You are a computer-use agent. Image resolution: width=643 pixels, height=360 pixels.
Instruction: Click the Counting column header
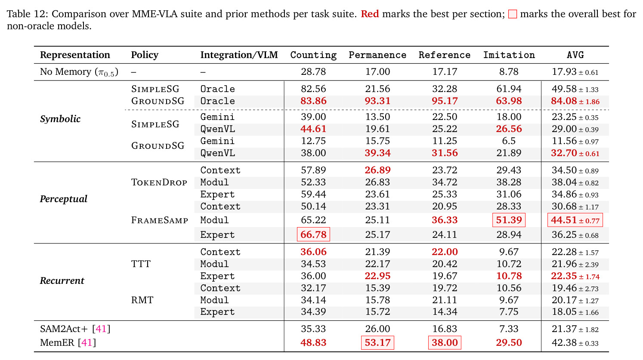point(313,55)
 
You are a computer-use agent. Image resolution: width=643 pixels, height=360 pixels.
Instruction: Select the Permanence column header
point(377,55)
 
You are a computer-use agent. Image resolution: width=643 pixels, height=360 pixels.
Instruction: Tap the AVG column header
point(575,55)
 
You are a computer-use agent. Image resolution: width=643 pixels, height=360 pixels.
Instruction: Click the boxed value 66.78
point(313,234)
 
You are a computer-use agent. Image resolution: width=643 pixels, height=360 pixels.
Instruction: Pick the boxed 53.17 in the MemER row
point(377,342)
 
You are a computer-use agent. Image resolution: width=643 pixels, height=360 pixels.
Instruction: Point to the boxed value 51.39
point(509,220)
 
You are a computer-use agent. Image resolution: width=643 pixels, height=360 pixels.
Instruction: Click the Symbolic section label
point(60,119)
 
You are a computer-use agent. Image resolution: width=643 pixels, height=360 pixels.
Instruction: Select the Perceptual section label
point(63,199)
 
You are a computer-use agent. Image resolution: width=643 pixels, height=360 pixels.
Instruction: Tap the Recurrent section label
point(62,280)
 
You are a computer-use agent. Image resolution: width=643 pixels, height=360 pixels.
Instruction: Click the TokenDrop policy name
point(159,182)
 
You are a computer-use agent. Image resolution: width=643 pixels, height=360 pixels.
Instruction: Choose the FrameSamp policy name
point(160,220)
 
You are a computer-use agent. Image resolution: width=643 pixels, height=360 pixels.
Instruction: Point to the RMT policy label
point(142,300)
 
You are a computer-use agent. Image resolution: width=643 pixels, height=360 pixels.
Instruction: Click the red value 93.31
point(377,101)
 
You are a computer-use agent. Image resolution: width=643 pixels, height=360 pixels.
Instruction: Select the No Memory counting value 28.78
point(313,71)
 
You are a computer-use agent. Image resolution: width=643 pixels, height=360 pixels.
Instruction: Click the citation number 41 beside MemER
point(87,342)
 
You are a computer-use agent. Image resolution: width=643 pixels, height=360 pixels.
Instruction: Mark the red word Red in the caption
point(370,14)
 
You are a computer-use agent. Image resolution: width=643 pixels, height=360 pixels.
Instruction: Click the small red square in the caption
point(513,14)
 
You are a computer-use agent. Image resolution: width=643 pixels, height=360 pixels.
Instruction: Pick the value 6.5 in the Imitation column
point(509,141)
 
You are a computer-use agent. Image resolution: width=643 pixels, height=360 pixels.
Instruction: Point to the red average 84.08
point(564,101)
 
